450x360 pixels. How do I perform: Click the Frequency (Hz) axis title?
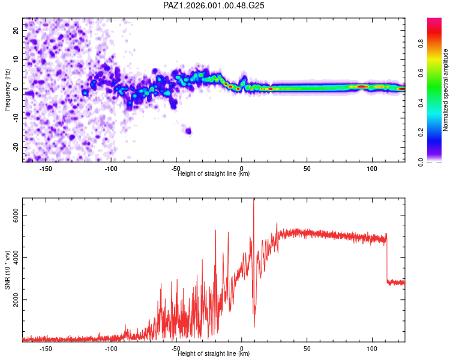7,89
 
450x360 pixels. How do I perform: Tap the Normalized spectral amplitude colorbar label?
446,90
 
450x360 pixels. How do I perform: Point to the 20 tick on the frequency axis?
16,30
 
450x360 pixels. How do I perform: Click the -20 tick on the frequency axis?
15,147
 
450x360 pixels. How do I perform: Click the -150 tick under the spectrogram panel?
46,169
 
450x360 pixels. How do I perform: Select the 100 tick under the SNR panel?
372,349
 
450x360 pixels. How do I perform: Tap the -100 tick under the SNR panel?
111,349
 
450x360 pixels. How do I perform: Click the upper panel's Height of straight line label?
214,174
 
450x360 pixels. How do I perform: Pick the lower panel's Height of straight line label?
214,354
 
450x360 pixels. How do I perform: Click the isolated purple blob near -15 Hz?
188,131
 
